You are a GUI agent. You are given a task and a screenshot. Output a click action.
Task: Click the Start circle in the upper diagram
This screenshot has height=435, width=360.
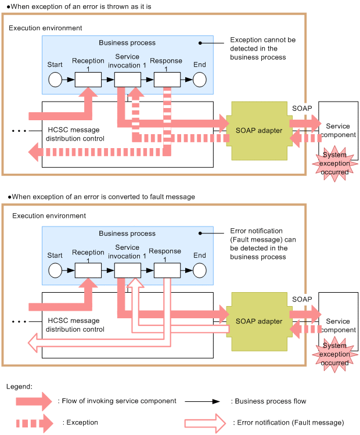[x=55, y=80]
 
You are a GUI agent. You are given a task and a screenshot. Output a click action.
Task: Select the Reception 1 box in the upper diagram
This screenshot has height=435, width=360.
[x=88, y=80]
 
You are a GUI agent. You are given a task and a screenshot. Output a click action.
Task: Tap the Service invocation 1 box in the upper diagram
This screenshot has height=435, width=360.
[x=128, y=80]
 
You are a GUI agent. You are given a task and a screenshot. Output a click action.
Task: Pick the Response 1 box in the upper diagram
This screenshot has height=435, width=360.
[x=167, y=80]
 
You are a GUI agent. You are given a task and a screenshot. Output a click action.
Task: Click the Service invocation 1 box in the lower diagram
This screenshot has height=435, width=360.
[x=128, y=270]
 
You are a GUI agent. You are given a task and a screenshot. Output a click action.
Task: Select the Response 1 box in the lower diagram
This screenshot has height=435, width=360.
[x=167, y=270]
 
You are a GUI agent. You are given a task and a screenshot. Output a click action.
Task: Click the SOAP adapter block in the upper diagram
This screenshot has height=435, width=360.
[x=259, y=131]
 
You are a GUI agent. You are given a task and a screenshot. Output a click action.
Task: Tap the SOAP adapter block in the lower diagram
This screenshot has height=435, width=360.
[x=259, y=321]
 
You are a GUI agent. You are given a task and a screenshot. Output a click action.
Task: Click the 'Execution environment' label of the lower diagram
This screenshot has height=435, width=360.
[x=46, y=216]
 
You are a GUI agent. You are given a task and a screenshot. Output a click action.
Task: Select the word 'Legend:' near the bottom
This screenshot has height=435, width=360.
[x=19, y=386]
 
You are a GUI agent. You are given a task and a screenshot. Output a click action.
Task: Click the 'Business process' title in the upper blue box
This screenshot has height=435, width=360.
[x=127, y=43]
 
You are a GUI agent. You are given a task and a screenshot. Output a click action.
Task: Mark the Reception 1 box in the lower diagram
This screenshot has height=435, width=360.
[x=88, y=270]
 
